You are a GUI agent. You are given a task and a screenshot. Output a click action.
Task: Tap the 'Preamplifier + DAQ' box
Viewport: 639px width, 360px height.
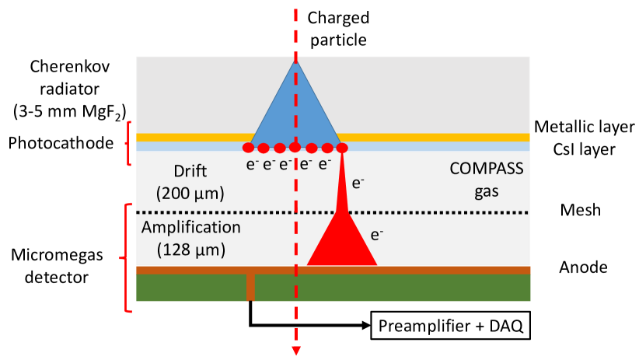click(451, 327)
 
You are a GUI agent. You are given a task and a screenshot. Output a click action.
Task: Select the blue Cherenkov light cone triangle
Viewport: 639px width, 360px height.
click(295, 109)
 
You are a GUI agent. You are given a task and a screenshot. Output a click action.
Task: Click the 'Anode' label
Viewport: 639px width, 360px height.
click(583, 267)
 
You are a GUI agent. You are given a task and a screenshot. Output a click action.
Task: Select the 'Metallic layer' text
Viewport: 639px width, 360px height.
click(585, 126)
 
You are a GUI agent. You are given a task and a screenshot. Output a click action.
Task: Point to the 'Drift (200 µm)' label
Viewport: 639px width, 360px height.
click(190, 180)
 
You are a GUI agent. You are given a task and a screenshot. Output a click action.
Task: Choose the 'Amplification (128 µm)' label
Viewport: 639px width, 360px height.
click(191, 239)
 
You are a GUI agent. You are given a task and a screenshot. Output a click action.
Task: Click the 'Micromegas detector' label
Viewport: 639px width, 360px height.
click(58, 265)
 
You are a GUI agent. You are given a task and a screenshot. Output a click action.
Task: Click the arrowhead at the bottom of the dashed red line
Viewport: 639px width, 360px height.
click(295, 351)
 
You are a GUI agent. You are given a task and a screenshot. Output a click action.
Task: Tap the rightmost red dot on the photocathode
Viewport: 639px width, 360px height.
click(340, 147)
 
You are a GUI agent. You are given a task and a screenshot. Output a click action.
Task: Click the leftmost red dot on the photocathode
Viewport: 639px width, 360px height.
click(249, 147)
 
